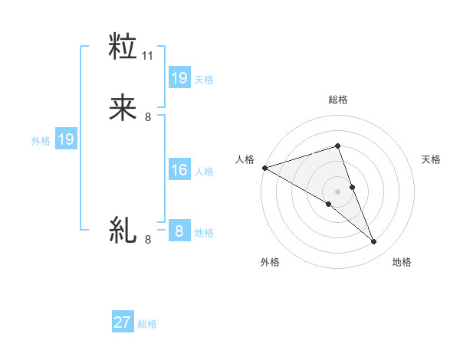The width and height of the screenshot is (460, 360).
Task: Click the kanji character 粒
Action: (x=123, y=47)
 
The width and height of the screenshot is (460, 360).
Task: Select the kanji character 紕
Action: (x=123, y=230)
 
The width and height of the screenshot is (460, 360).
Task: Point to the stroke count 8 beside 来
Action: (x=148, y=117)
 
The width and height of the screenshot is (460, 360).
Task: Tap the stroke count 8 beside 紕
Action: (x=148, y=240)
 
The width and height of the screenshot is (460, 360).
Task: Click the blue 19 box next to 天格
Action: (x=179, y=78)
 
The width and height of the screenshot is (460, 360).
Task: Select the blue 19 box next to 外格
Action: (x=65, y=139)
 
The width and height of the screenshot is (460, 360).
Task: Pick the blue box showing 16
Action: (x=179, y=170)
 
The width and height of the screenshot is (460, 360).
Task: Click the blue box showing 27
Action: (x=123, y=322)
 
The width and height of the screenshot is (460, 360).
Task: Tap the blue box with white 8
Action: (x=179, y=231)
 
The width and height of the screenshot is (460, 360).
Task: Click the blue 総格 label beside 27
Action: (x=147, y=324)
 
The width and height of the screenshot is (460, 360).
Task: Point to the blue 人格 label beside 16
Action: (x=204, y=172)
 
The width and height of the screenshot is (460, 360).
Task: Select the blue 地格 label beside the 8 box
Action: (x=204, y=233)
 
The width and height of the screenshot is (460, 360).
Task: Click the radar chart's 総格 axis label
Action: (x=338, y=100)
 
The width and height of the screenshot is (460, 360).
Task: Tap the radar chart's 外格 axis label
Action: (x=270, y=263)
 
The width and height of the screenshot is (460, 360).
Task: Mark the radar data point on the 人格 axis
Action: (x=264, y=168)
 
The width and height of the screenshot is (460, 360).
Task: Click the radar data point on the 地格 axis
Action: (x=373, y=242)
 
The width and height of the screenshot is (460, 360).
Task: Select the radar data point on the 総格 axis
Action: (x=338, y=146)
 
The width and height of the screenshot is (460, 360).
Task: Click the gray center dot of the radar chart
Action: (x=338, y=191)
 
